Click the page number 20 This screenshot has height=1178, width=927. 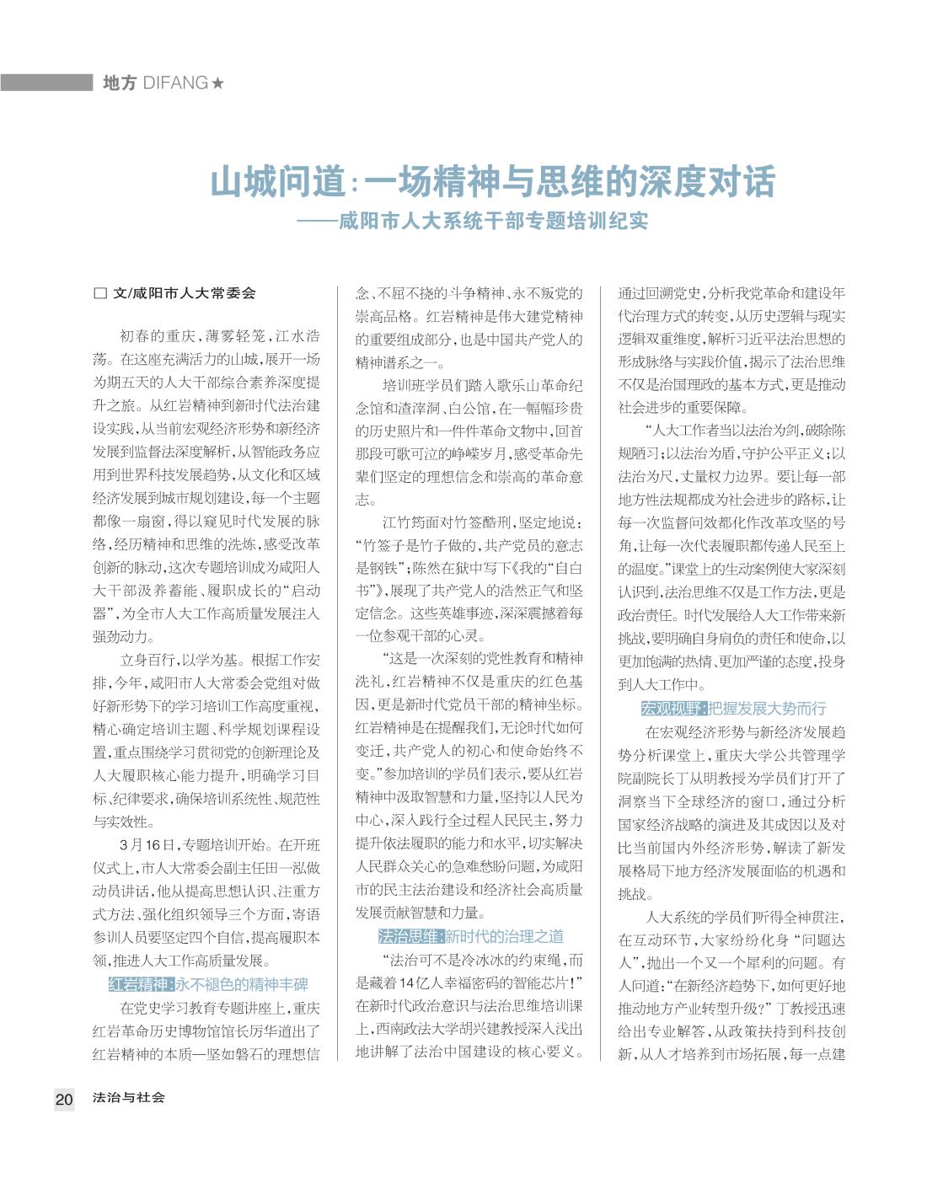pos(64,1099)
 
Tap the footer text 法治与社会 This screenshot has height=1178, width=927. pos(129,1098)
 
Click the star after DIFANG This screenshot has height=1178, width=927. pos(217,83)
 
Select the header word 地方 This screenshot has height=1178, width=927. pos(119,83)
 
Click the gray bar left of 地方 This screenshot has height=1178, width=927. pos(46,83)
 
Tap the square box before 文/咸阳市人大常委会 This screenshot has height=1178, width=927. pos(99,293)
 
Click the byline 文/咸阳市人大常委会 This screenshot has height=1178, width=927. pos(183,293)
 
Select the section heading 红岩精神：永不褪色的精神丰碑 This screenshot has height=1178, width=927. pos(208,984)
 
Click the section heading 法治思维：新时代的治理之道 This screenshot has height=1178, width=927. pos(470,936)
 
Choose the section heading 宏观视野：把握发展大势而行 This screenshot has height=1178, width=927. pos(733,709)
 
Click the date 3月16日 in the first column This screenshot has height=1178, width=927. pos(147,845)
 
